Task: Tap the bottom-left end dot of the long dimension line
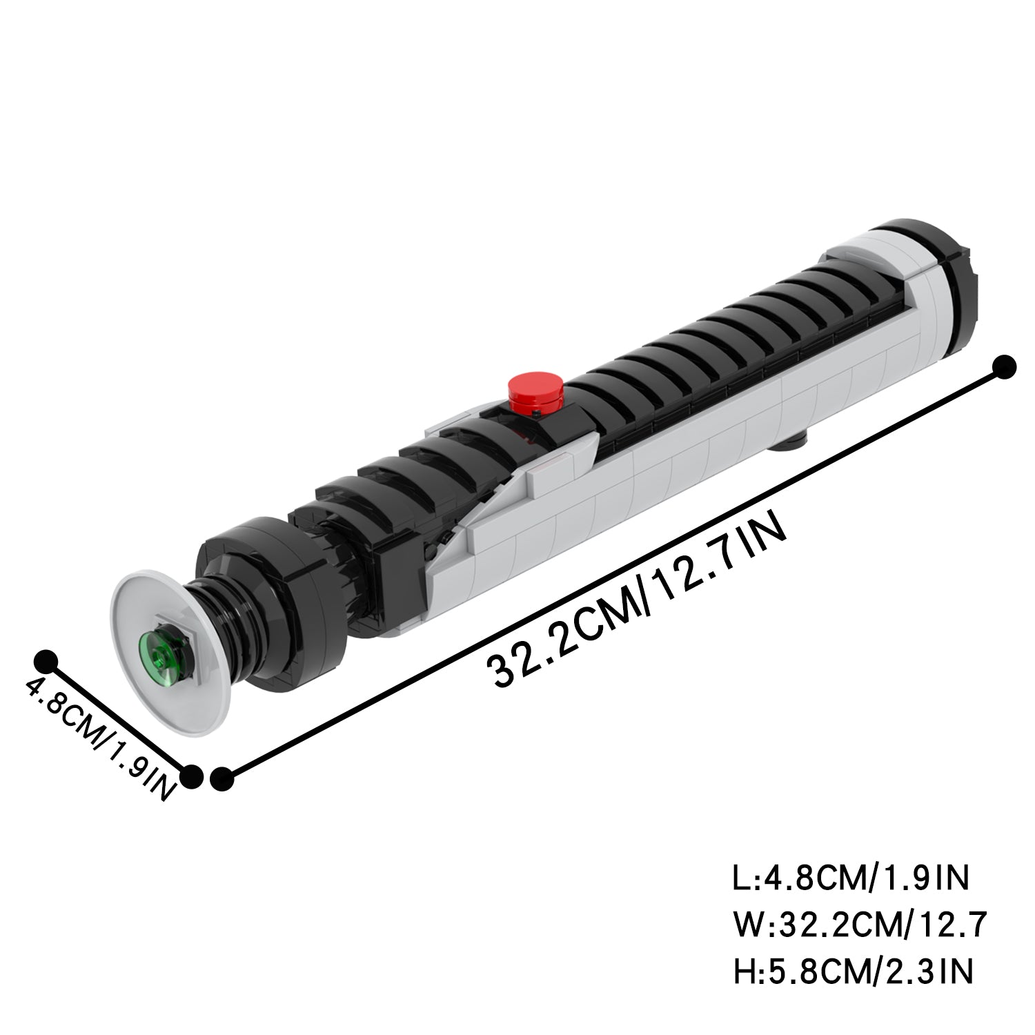click(x=222, y=780)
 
